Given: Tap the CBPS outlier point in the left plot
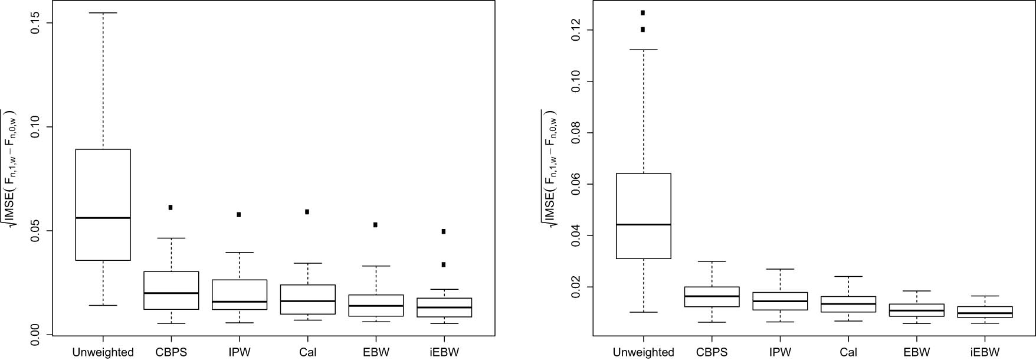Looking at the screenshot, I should click(171, 207).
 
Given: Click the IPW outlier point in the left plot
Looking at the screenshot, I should click(239, 214).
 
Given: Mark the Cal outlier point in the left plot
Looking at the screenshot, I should click(307, 211).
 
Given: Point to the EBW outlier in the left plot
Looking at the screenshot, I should click(375, 224).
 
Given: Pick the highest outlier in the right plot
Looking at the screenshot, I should click(643, 12).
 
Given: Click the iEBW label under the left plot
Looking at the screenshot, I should click(444, 352).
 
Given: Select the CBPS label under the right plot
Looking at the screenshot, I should click(712, 352).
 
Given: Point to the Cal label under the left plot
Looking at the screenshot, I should click(307, 352).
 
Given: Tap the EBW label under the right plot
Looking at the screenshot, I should click(917, 352).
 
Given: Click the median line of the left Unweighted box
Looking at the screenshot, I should click(103, 218).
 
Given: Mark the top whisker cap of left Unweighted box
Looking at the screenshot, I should click(103, 12).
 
